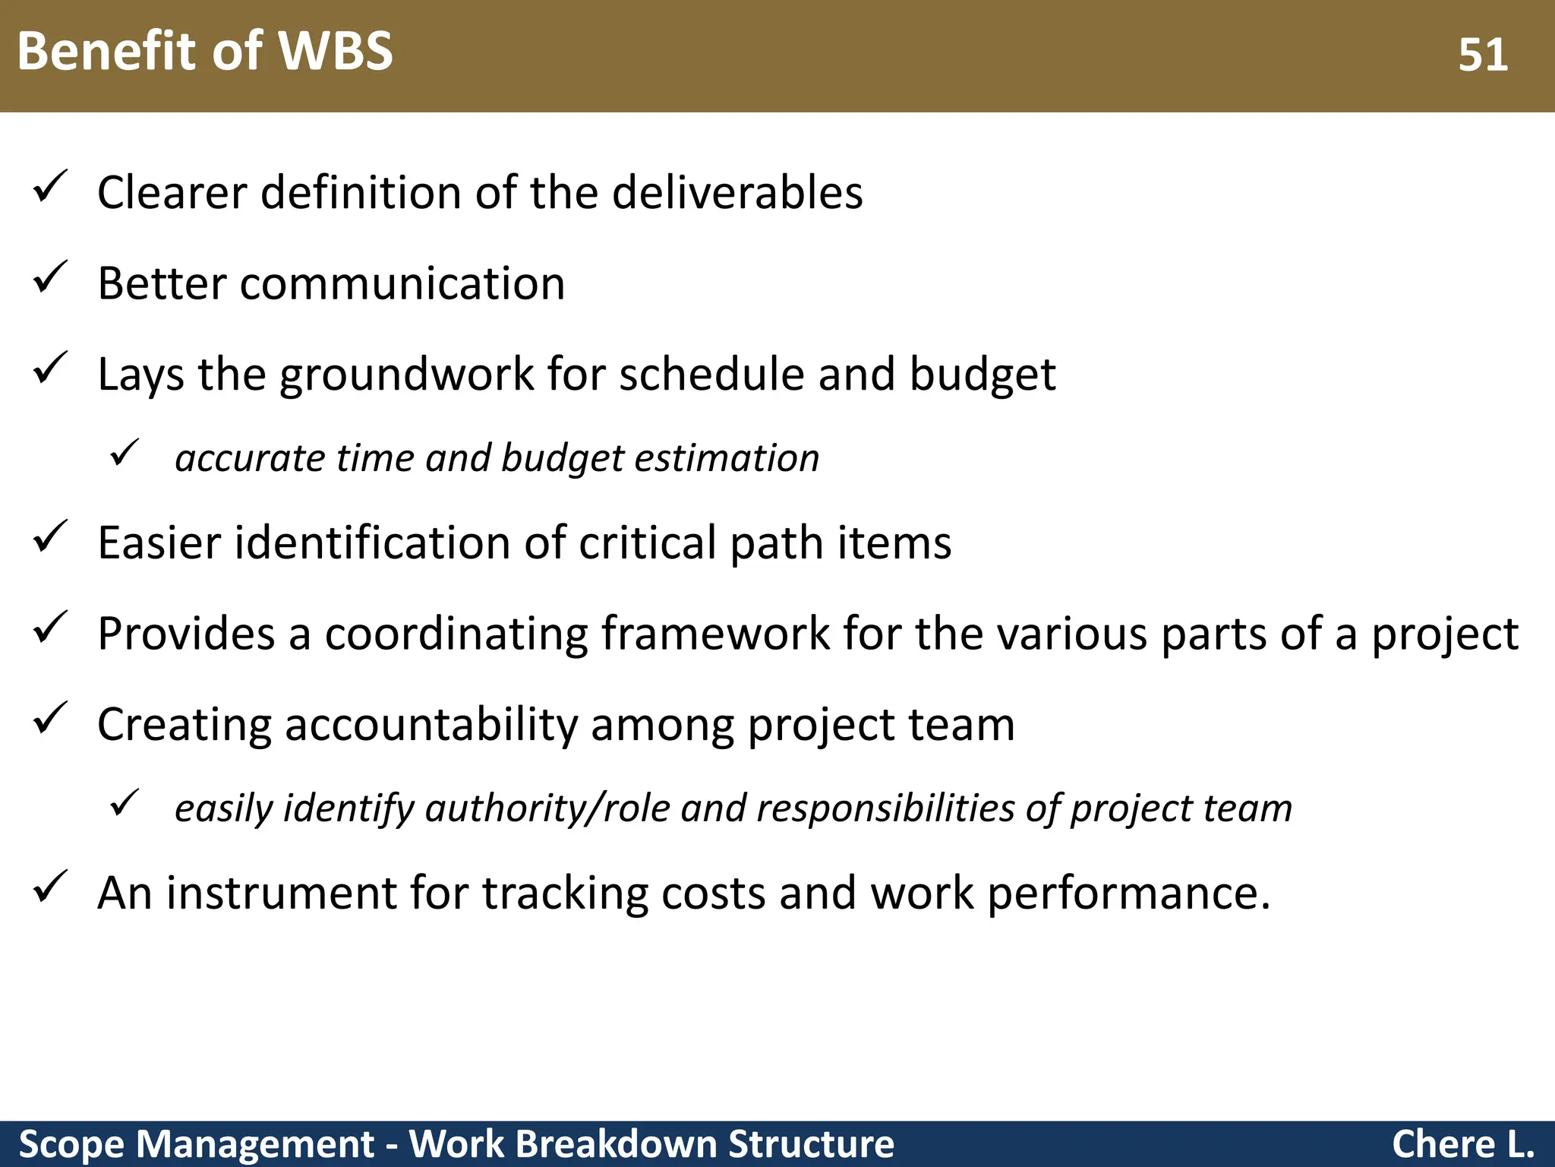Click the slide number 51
(1482, 55)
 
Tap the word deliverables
(737, 192)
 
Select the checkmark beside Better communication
(51, 278)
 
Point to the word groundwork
(407, 375)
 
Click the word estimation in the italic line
(727, 458)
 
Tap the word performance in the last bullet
(1121, 894)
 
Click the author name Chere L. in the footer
(1462, 1144)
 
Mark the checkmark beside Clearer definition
(51, 187)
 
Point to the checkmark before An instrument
(51, 887)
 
